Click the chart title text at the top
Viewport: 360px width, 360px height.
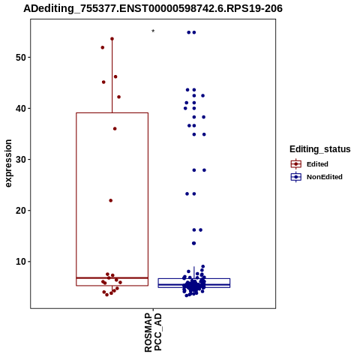coord(153,8)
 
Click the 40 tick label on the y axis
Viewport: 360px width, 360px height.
coord(21,109)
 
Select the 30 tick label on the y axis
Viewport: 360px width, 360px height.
coord(21,160)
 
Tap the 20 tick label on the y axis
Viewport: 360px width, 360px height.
coord(21,211)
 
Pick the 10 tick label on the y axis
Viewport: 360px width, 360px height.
coord(21,262)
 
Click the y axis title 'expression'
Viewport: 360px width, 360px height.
coord(8,163)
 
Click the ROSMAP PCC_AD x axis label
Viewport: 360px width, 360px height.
coord(153,332)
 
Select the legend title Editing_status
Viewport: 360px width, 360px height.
coord(320,149)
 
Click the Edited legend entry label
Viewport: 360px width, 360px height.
coord(317,164)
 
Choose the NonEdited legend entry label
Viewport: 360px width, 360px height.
coord(325,177)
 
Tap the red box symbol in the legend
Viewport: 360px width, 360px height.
coord(296,164)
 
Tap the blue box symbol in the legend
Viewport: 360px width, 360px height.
coord(296,177)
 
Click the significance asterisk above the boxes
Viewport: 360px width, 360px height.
coord(153,31)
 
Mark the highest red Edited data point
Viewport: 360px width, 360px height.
coord(112,39)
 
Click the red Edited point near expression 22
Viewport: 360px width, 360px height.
coord(111,200)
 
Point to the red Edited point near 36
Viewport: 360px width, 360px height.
coord(115,129)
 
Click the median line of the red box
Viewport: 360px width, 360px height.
coord(112,277)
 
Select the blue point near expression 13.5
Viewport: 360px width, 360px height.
coord(193,243)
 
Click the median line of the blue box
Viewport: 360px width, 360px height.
coord(194,285)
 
